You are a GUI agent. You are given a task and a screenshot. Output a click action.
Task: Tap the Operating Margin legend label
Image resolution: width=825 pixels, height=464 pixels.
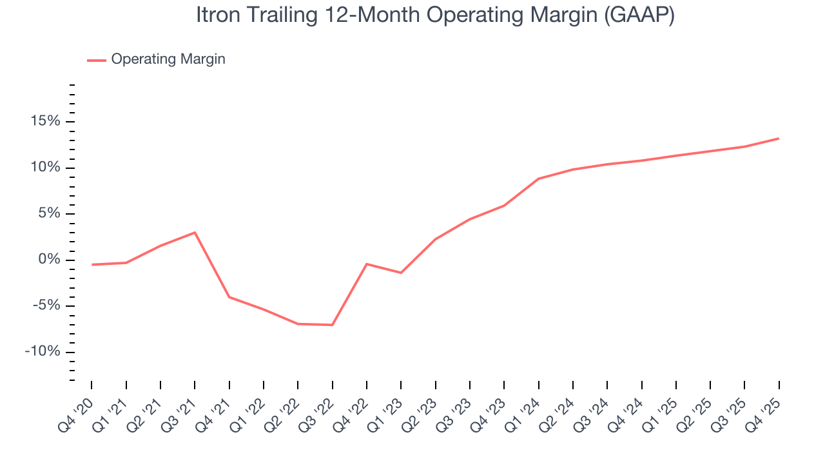point(168,59)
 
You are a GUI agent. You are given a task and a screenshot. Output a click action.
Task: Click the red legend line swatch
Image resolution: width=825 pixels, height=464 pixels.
point(97,60)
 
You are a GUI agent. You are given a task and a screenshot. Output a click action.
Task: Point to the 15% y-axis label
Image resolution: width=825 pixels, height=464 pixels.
point(44,122)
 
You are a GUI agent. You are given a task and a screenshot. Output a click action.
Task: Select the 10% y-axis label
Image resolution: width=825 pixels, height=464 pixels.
point(44,168)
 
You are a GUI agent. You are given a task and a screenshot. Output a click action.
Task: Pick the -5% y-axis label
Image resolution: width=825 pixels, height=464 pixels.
point(45,305)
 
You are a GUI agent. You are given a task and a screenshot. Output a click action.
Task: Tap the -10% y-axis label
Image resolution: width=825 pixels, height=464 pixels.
point(43,352)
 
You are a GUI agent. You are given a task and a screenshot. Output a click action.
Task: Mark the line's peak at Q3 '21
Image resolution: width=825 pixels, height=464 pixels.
point(195,233)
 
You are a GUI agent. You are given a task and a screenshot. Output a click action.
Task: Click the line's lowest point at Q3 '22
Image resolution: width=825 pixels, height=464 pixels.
point(333,325)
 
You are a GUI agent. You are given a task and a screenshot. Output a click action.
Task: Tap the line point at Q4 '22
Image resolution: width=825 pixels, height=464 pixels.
point(367,264)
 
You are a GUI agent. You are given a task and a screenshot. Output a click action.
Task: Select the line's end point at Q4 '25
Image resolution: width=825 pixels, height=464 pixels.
point(779,139)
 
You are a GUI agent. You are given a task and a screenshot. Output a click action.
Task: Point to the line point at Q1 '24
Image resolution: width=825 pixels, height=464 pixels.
point(538,179)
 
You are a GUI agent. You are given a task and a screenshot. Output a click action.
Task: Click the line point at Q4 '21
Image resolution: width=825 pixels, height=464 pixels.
point(229,297)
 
